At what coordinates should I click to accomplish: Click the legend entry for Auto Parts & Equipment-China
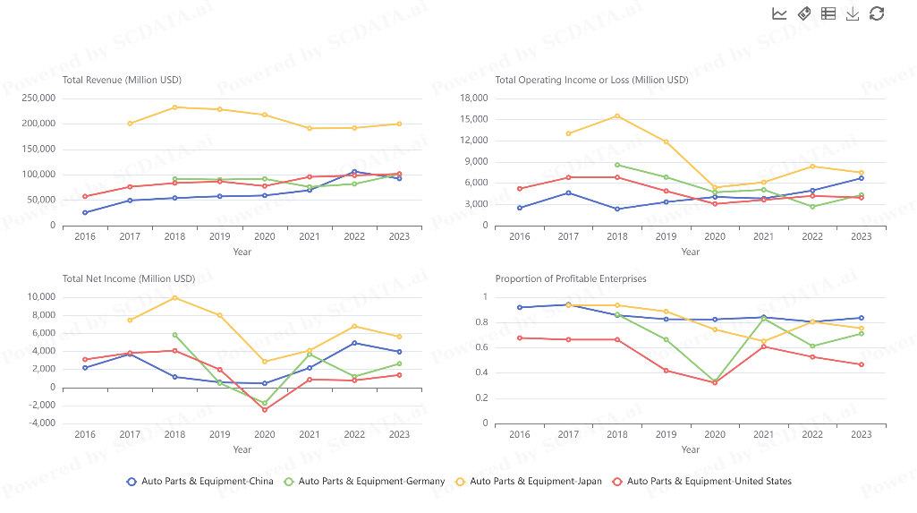(200, 481)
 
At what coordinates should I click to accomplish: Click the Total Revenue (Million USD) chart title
(122, 80)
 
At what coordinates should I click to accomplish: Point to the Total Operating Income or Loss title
(591, 80)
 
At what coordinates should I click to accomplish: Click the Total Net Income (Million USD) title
(129, 278)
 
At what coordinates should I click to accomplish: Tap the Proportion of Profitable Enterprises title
(571, 278)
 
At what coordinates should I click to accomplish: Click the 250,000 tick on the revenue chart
(38, 98)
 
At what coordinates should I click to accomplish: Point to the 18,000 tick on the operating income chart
(474, 98)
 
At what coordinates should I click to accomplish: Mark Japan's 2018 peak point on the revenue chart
(174, 107)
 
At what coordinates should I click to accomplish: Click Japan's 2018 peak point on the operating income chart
(616, 115)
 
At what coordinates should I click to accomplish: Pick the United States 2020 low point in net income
(265, 410)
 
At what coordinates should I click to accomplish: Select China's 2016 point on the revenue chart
(85, 212)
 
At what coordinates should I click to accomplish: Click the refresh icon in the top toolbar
(877, 13)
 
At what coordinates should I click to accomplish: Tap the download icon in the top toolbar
(853, 13)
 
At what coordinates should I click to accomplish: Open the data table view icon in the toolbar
(828, 13)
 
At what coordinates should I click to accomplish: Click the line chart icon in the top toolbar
(779, 13)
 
